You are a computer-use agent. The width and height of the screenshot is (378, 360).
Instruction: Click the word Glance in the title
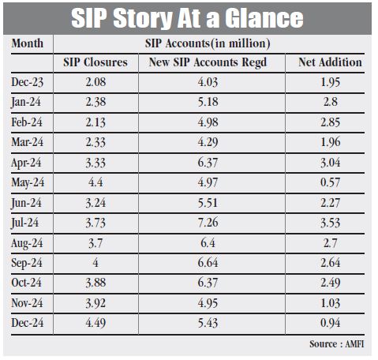[264, 18]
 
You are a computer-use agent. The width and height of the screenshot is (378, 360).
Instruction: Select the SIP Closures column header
[95, 62]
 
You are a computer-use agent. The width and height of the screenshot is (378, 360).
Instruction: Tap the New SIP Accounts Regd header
[208, 62]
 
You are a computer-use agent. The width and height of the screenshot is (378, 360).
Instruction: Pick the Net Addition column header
[330, 62]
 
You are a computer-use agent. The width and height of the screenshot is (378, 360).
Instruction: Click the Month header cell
[28, 43]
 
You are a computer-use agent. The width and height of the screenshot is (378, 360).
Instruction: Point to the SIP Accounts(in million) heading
[208, 43]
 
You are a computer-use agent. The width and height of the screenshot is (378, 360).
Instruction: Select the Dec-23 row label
[28, 82]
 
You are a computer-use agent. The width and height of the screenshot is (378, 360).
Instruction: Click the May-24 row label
[28, 183]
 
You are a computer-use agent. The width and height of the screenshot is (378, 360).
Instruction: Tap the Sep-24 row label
[27, 263]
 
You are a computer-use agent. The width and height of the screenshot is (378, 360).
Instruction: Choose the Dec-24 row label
[28, 323]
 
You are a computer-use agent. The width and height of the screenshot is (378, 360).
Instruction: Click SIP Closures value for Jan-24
[95, 102]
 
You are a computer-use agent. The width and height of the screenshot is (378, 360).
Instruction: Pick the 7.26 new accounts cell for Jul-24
[208, 223]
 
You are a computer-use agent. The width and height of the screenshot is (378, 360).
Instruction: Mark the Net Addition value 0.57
[330, 182]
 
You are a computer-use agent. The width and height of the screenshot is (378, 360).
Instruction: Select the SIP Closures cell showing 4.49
[95, 323]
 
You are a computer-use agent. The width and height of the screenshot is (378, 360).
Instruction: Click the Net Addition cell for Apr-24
[330, 163]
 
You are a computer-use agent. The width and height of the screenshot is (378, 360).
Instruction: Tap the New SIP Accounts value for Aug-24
[208, 243]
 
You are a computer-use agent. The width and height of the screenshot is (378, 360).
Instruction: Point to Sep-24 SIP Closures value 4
[95, 263]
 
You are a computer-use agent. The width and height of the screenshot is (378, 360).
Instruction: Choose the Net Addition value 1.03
[330, 303]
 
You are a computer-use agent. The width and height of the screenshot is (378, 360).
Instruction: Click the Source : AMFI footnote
[337, 344]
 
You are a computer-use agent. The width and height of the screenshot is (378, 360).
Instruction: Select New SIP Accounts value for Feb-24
[208, 122]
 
